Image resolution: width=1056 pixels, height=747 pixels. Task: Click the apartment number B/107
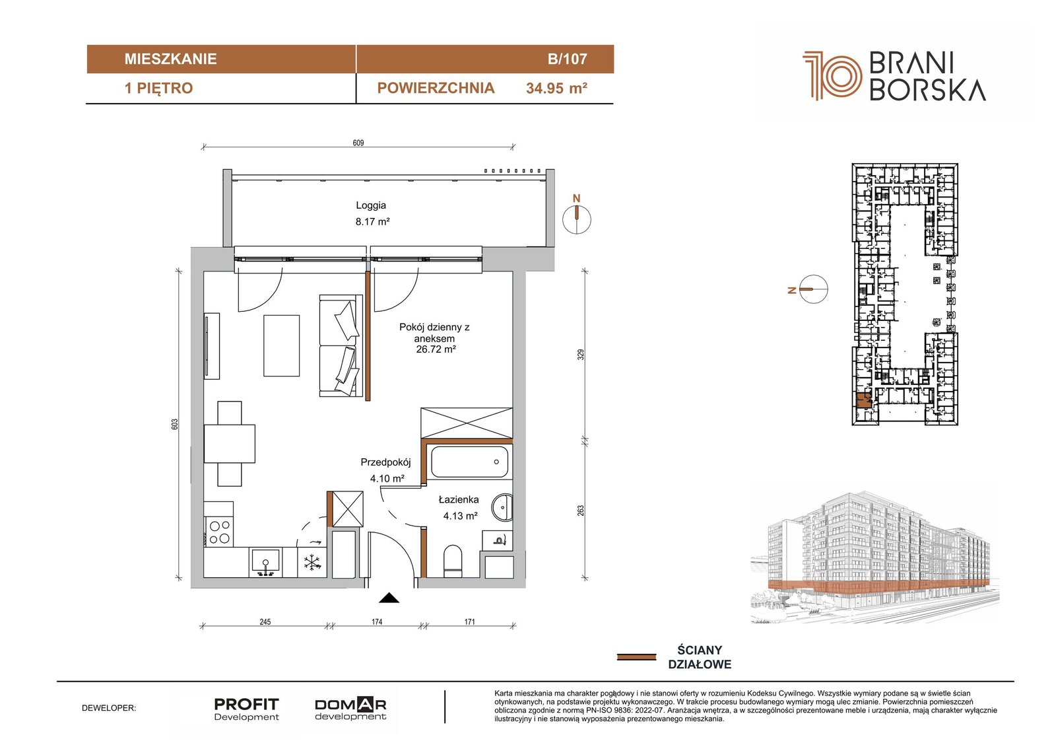click(x=567, y=59)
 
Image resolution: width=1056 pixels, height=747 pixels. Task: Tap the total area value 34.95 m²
click(x=556, y=89)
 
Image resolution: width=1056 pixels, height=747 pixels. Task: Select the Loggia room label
click(x=371, y=205)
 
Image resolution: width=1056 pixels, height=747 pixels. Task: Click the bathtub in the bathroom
click(x=469, y=462)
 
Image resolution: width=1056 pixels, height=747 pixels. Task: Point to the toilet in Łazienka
click(x=453, y=561)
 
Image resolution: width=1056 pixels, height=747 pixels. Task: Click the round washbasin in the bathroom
click(x=502, y=508)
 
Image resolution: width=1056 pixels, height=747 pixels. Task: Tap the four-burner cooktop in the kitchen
click(x=219, y=532)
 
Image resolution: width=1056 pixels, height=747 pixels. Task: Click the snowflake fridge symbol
click(x=312, y=563)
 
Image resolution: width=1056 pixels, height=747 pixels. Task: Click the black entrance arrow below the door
click(x=389, y=598)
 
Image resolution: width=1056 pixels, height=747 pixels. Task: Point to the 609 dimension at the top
click(x=358, y=143)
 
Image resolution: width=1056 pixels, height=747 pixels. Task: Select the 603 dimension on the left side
click(x=175, y=424)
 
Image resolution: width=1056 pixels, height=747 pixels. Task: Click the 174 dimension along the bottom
click(x=377, y=622)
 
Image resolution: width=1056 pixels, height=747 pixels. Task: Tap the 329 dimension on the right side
click(x=581, y=355)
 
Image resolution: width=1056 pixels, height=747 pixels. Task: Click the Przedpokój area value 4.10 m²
click(x=387, y=478)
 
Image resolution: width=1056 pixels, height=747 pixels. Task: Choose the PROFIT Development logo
click(x=247, y=709)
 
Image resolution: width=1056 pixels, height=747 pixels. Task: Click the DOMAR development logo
click(x=350, y=709)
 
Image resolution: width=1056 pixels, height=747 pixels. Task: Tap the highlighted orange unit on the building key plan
click(x=863, y=401)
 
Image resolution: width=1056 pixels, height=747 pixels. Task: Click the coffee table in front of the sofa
click(x=281, y=346)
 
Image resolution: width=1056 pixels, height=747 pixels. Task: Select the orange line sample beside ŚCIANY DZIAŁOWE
click(x=636, y=657)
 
